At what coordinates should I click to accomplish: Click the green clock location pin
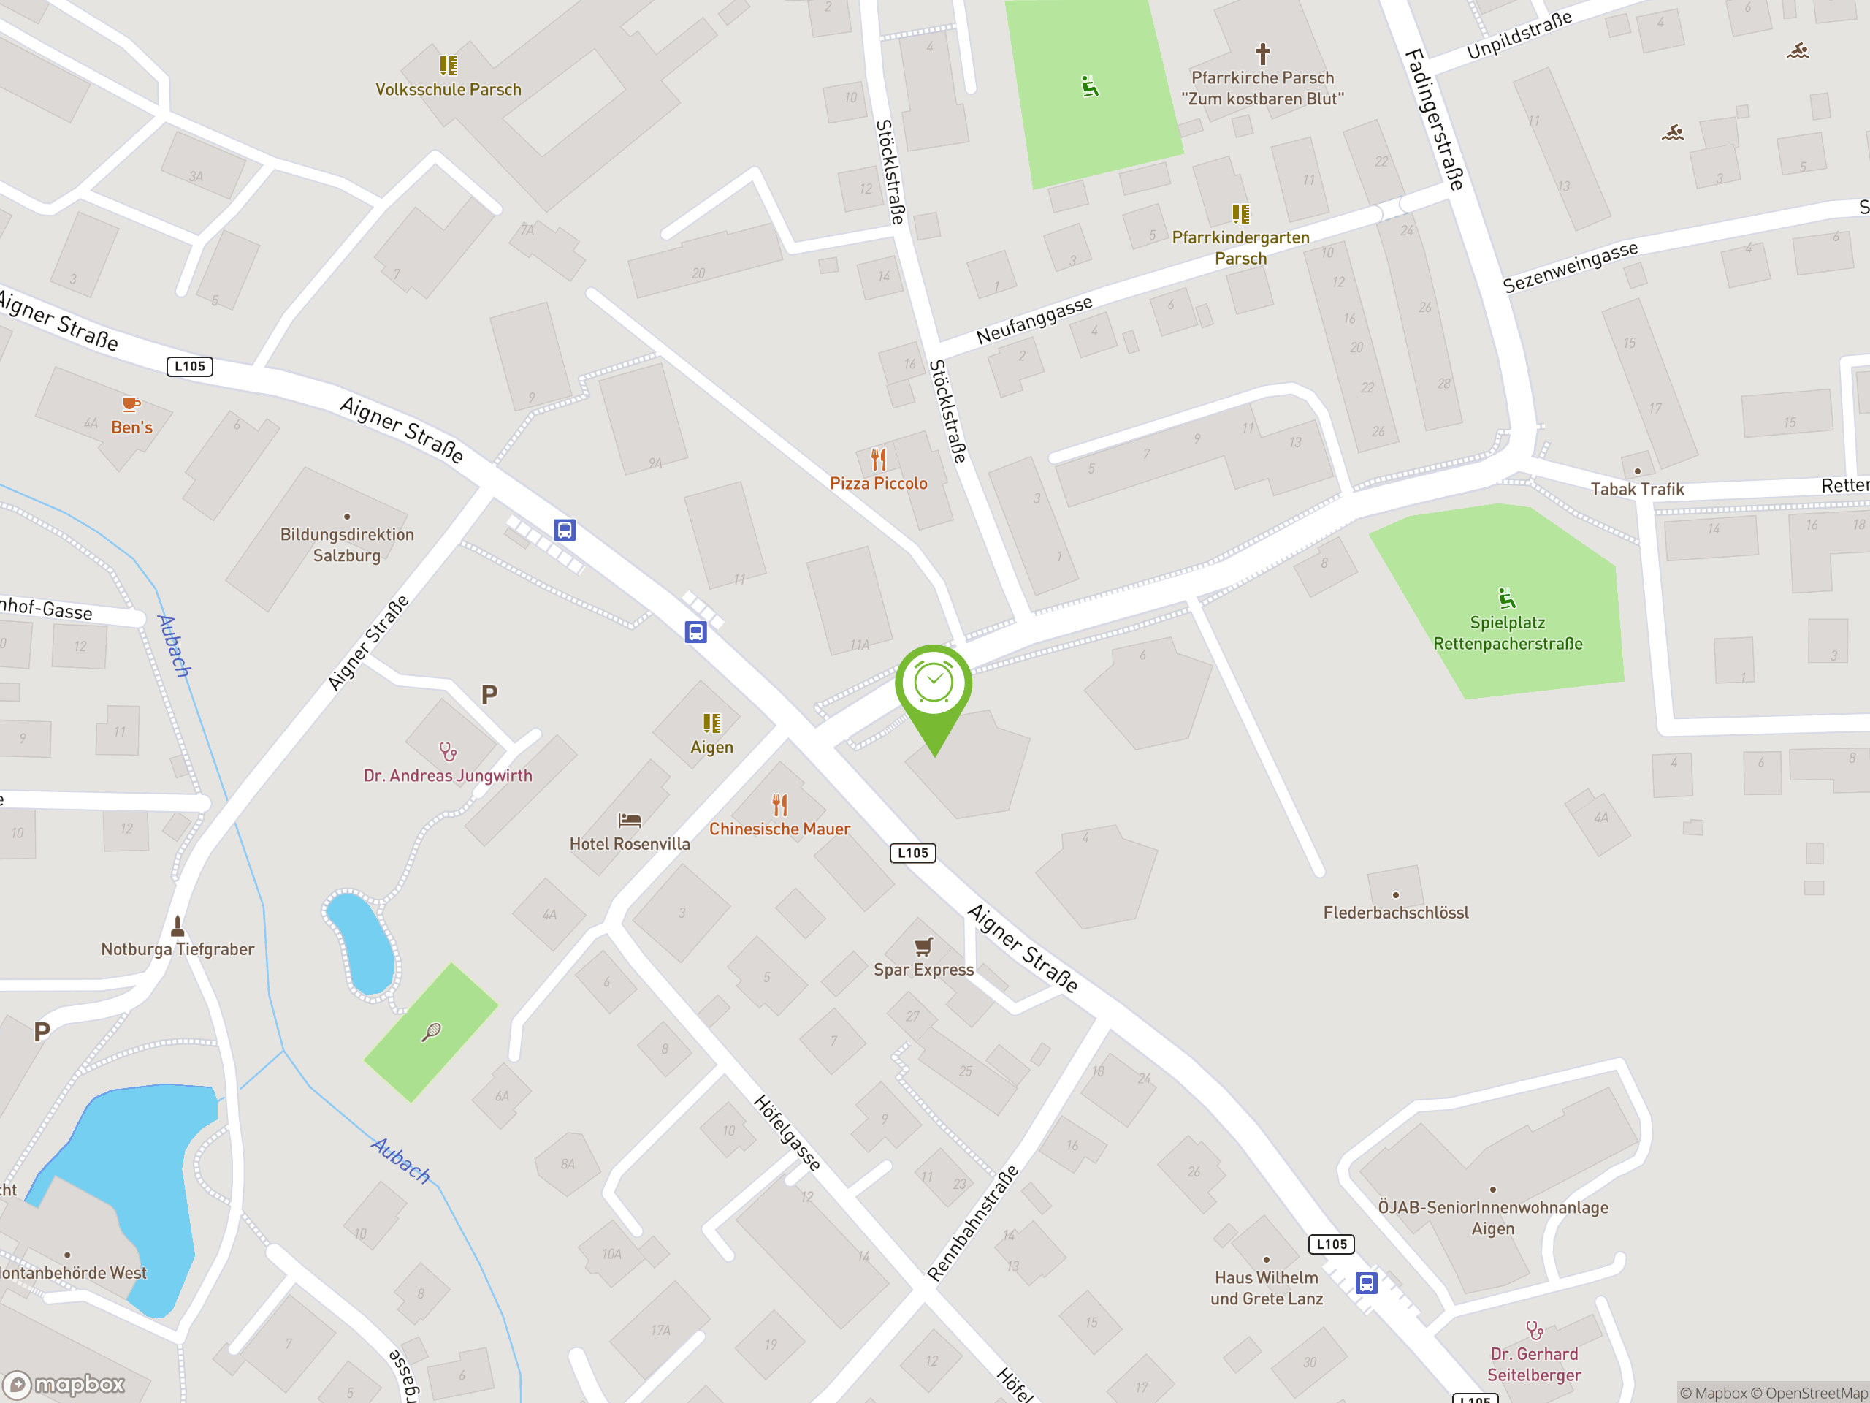934,685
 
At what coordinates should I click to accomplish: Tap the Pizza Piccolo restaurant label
878,483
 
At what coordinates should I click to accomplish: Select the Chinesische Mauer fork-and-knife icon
779,805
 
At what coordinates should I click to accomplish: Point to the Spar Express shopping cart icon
923,946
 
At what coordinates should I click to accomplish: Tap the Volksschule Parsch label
448,89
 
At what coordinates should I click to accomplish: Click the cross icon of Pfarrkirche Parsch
1262,54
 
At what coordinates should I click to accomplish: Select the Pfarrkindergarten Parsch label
1240,248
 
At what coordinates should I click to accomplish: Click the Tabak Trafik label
1637,489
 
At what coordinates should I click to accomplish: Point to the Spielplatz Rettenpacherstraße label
1508,633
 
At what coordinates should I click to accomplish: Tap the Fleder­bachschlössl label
1396,913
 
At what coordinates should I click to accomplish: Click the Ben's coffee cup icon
131,404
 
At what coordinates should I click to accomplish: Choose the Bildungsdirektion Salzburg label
347,544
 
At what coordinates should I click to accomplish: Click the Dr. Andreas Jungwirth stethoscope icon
447,751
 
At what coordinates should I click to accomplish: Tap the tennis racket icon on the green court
431,1032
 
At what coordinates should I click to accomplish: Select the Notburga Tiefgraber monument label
178,949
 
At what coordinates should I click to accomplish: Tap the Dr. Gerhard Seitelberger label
1533,1364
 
